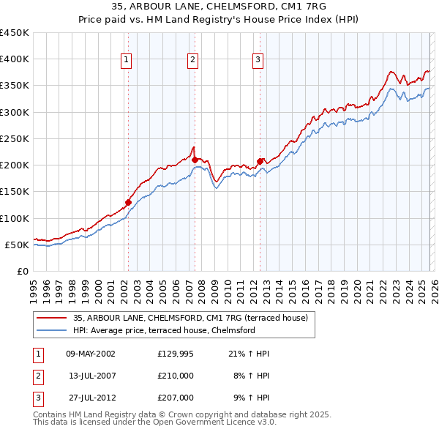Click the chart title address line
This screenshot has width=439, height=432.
click(x=219, y=7)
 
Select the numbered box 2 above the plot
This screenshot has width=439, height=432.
click(x=192, y=61)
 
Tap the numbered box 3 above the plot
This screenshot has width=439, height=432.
click(x=258, y=61)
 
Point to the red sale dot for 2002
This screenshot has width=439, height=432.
click(x=128, y=202)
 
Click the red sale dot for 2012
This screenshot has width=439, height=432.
click(x=260, y=161)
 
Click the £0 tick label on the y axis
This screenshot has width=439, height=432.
click(x=22, y=271)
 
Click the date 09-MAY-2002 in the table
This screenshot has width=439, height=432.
click(x=90, y=354)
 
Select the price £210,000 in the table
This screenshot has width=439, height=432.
click(x=176, y=376)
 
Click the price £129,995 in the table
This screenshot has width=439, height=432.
click(x=176, y=354)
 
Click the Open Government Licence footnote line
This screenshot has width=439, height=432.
click(x=155, y=422)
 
